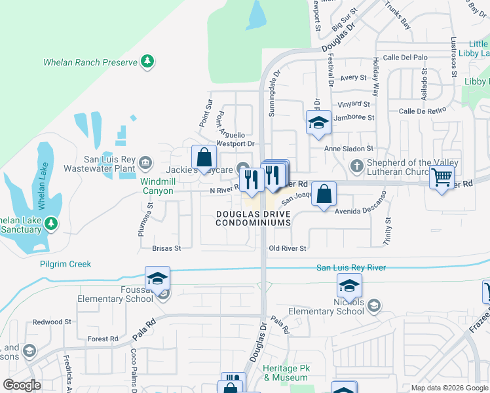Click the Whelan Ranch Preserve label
click(90, 62)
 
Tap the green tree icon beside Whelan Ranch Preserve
click(148, 62)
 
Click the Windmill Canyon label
click(157, 186)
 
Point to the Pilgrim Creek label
click(66, 264)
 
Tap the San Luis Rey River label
click(351, 267)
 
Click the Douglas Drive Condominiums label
click(254, 219)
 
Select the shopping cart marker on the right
click(442, 176)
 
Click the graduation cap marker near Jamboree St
click(318, 122)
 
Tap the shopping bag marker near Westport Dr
click(204, 157)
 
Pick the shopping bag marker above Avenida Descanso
click(324, 194)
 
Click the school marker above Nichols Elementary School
click(349, 286)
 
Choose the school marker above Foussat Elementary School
click(157, 278)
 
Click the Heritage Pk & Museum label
click(285, 373)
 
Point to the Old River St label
click(288, 249)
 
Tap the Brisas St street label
click(166, 249)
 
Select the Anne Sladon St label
click(349, 149)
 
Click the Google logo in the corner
click(22, 385)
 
